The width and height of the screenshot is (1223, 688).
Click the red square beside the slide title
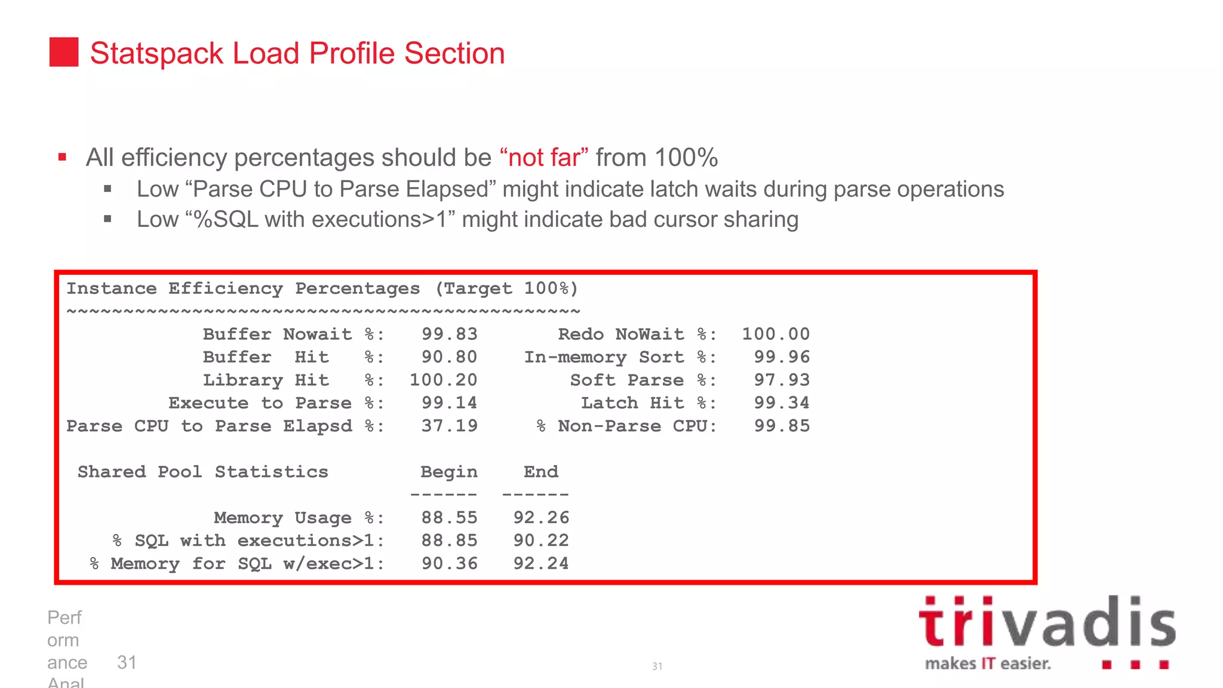point(64,52)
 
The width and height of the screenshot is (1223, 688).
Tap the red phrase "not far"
point(544,158)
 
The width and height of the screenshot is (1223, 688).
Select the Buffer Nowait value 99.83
point(449,334)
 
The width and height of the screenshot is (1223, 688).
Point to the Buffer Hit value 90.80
point(449,357)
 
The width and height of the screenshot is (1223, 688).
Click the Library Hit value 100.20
point(443,380)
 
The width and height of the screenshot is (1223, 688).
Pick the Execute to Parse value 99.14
point(449,403)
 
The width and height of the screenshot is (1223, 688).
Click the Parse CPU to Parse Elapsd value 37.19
point(449,426)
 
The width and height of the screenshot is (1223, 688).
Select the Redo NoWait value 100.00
point(776,334)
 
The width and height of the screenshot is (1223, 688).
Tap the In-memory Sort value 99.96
point(782,357)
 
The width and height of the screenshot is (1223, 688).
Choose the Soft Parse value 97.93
point(782,380)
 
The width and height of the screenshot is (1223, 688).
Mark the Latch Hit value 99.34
point(782,403)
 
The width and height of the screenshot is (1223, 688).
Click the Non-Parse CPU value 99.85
point(782,426)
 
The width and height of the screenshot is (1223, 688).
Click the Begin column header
point(448,472)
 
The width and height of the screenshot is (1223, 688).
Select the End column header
point(541,472)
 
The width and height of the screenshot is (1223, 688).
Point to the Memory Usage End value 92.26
point(541,517)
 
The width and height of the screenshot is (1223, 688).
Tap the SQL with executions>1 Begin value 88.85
point(449,540)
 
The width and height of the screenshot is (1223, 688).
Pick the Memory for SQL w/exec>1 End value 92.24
point(541,563)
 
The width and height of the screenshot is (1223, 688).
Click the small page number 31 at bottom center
point(657,666)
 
